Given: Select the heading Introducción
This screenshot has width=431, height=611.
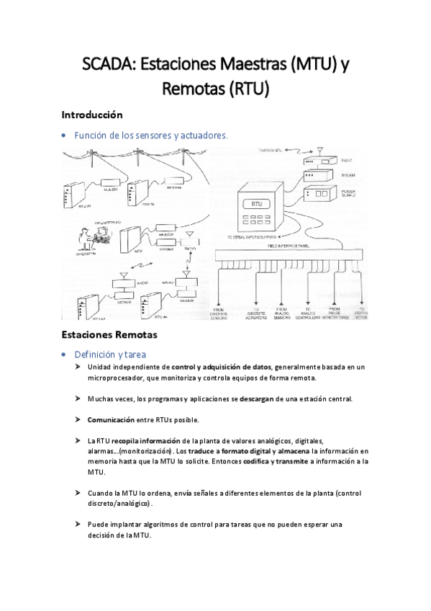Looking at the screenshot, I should (92, 115).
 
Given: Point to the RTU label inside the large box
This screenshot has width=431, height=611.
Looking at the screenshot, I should (257, 205).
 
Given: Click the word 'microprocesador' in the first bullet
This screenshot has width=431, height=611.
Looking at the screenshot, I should (114, 378).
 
